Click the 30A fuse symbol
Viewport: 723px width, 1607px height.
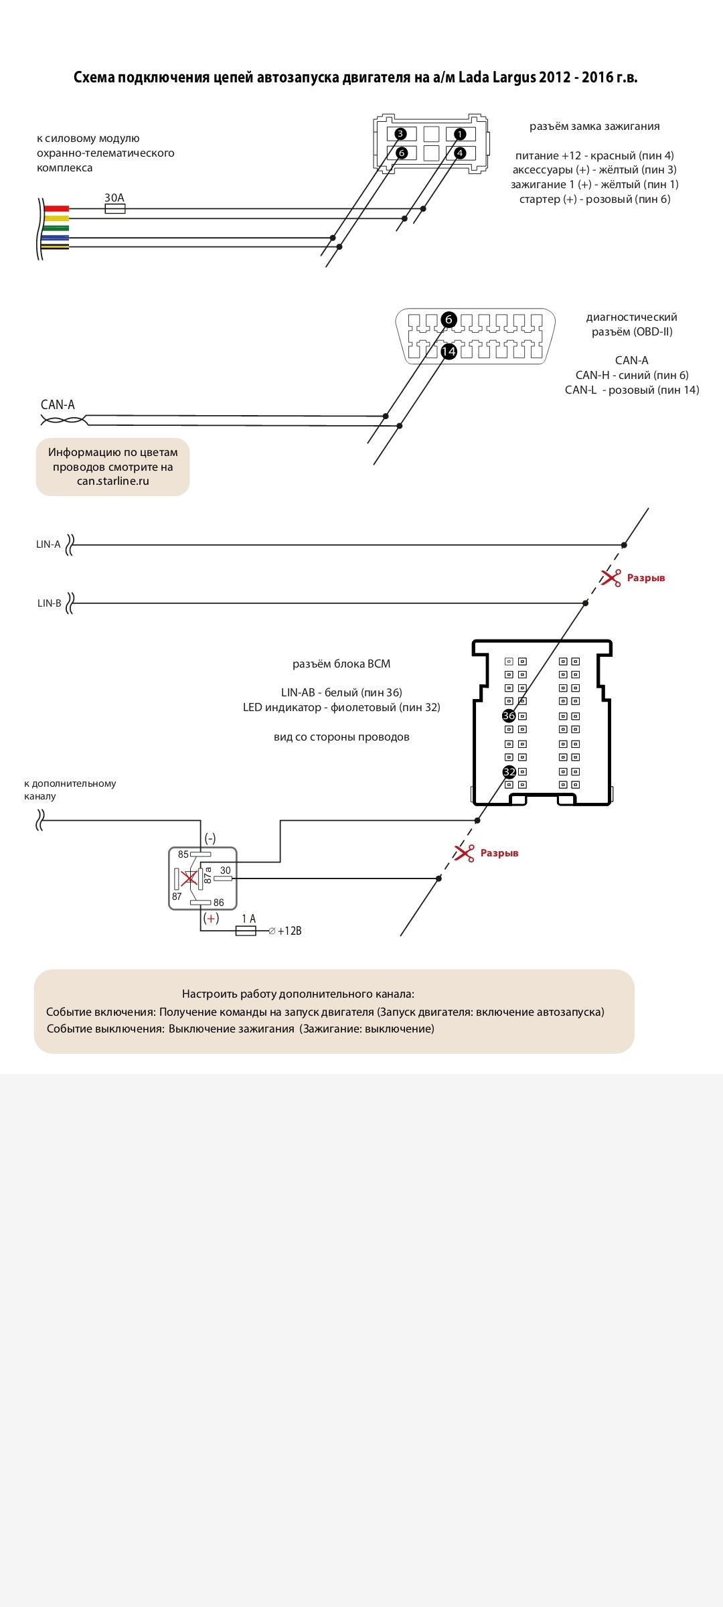(x=115, y=209)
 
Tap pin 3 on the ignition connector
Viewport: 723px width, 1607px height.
(x=400, y=133)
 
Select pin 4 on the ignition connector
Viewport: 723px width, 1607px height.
(x=459, y=153)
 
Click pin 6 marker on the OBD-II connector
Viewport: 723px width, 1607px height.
(x=449, y=319)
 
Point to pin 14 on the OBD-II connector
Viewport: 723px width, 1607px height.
(x=449, y=351)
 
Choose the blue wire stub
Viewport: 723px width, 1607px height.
(x=56, y=238)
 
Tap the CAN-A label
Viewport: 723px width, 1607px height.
(x=58, y=404)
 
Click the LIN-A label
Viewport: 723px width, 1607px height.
(x=48, y=544)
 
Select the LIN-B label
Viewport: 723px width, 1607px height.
(x=49, y=603)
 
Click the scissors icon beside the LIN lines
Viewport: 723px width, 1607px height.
(x=611, y=578)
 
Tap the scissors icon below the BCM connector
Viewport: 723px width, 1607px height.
(x=464, y=853)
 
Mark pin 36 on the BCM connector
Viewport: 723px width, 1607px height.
(x=509, y=716)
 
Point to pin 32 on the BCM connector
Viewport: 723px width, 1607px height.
(x=509, y=771)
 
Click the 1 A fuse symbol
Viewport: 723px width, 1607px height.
(x=246, y=931)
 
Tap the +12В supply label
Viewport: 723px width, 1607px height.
(x=289, y=931)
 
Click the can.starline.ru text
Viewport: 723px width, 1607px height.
(x=112, y=481)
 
